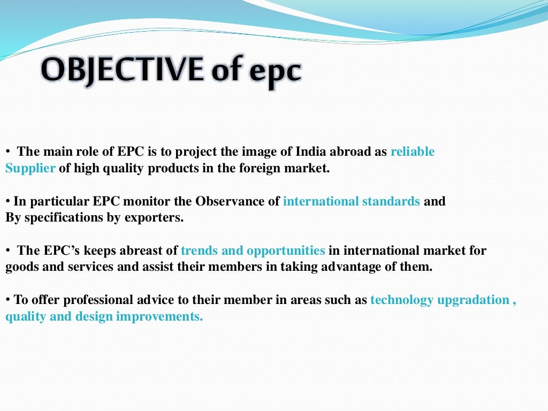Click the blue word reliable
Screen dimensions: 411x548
413,152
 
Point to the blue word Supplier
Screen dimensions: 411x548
31,168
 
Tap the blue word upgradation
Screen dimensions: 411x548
473,300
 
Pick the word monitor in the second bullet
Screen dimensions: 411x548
149,202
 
